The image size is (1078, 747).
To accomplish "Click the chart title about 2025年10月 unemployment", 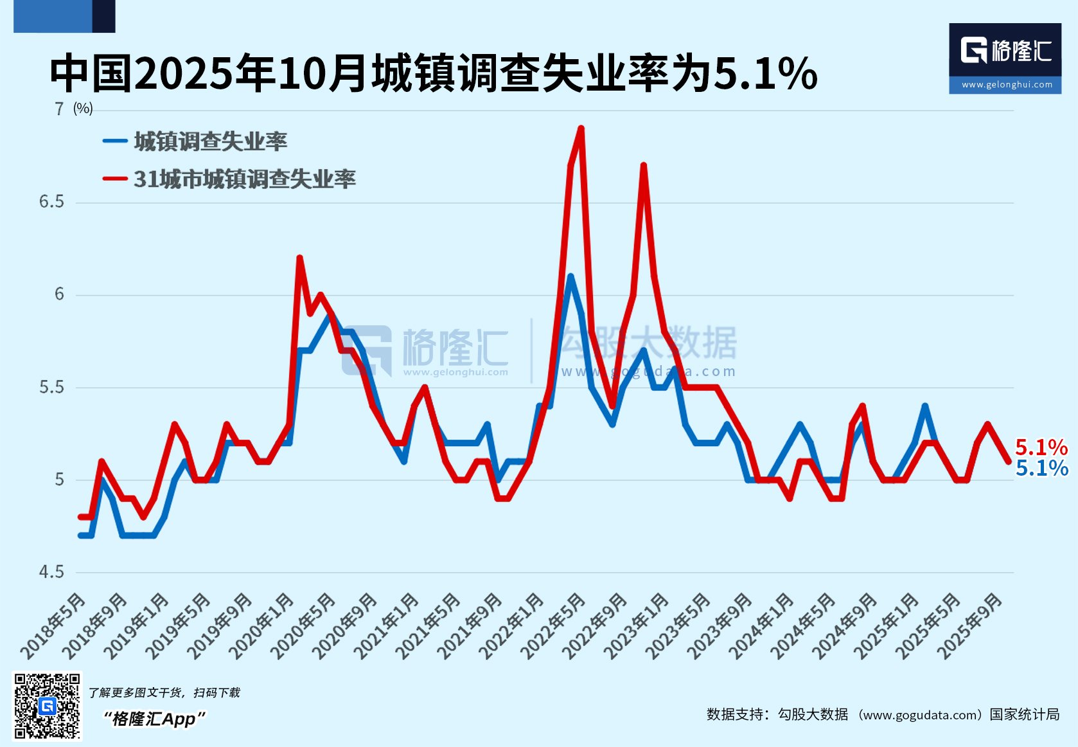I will (x=433, y=73).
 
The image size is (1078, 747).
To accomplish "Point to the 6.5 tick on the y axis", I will (x=51, y=202).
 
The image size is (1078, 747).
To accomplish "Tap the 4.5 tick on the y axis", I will (x=51, y=571).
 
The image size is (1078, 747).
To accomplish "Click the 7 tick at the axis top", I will (x=59, y=109).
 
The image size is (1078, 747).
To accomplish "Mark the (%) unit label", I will (x=83, y=109).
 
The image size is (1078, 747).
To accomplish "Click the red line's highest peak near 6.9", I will (x=581, y=129).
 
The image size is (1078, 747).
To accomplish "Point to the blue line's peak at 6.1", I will (x=570, y=276).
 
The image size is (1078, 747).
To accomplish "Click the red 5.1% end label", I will (x=1041, y=447).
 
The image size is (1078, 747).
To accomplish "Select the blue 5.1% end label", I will (x=1041, y=468).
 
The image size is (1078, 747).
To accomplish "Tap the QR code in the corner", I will (x=48, y=706).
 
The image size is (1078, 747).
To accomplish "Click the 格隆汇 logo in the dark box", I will (x=1005, y=50).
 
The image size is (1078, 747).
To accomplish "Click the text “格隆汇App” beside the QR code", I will (x=154, y=718).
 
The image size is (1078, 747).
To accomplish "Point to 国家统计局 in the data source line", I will (x=1024, y=714).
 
